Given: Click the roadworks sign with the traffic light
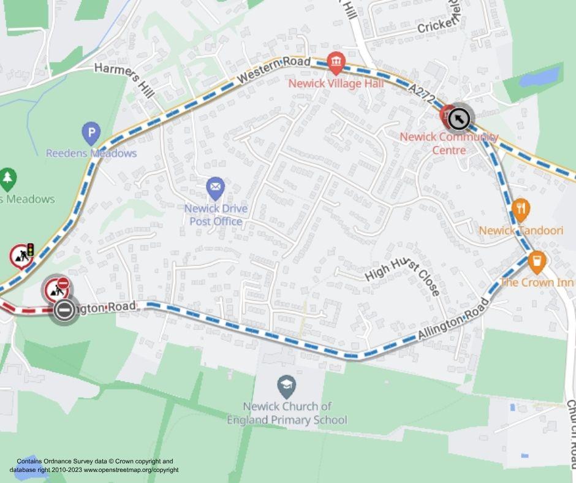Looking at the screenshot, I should [x=21, y=256].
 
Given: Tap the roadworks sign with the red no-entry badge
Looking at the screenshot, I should [x=56, y=287].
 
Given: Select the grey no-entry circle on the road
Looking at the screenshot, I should [x=64, y=310].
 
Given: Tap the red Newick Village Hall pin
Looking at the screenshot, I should [x=336, y=62].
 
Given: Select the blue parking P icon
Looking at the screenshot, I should [x=91, y=132].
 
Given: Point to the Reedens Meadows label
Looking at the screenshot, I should [x=91, y=153].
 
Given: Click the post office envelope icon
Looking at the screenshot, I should [x=215, y=187].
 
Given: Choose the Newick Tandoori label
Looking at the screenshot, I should [x=521, y=230].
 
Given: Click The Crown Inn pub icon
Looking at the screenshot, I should [x=537, y=262].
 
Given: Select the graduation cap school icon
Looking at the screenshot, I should [x=286, y=386].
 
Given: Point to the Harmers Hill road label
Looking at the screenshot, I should [x=124, y=78].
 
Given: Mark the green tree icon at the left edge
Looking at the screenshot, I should [x=7, y=178].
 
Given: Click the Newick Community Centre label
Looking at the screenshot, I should [x=449, y=143].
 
